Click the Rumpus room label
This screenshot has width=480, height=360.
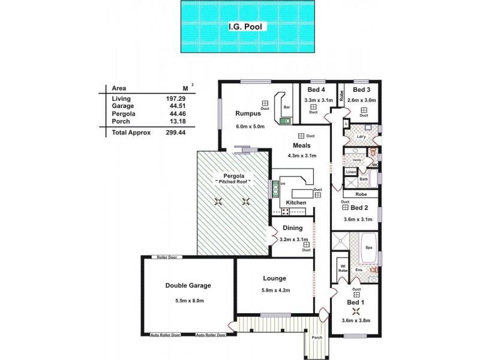pos(247,113)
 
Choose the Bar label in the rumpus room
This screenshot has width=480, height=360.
pos(287,108)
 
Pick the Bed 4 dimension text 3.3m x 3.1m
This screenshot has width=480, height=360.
pos(318,100)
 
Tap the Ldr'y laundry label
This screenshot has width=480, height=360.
pos(361,136)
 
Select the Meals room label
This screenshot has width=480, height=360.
pos(301,146)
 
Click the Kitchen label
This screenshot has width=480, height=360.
pos(296,203)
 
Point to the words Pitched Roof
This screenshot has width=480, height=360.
pos(233,182)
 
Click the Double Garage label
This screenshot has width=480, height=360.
pos(188,286)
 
